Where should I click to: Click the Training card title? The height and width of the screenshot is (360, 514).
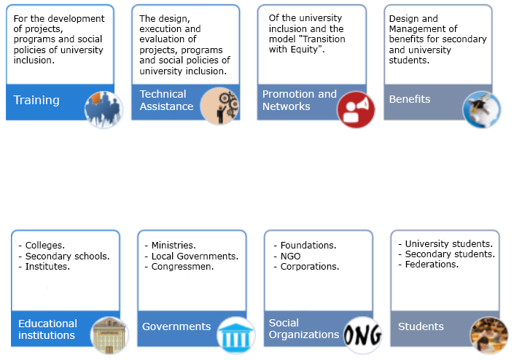point(36,101)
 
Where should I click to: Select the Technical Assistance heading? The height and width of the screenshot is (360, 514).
point(166,101)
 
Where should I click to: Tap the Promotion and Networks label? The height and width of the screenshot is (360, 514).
point(300,101)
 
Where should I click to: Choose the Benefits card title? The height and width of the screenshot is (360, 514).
point(410,99)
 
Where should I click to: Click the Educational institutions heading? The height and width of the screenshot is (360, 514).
point(48,329)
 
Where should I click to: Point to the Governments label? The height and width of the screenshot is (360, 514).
point(176,326)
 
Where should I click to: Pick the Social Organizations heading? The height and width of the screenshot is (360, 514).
point(304,329)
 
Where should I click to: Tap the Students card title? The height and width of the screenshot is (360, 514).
point(421,326)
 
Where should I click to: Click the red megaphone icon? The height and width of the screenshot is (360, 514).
point(356,109)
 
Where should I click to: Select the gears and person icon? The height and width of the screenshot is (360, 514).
point(219,106)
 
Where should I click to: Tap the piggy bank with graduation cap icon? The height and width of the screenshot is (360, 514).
point(481,109)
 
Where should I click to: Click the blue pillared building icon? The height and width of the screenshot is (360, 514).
point(235,335)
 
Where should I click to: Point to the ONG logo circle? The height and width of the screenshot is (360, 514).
point(362,335)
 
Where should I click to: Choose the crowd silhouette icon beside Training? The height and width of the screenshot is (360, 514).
point(104,109)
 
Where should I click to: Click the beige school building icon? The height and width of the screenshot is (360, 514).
point(109,335)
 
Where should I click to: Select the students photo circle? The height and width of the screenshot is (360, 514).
point(488,335)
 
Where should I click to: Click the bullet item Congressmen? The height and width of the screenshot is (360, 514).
point(182,267)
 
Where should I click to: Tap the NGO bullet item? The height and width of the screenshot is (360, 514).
point(290,257)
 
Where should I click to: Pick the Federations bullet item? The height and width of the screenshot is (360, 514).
point(432,265)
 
